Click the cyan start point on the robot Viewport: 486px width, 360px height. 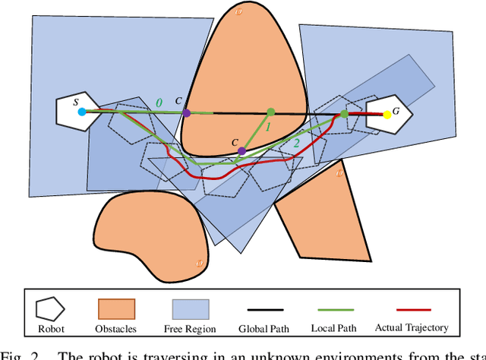coord(81,112)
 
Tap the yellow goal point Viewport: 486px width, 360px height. coord(387,115)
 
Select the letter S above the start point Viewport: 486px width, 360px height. coord(75,101)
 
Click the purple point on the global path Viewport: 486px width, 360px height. coord(187,112)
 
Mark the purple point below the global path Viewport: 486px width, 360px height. coord(241,150)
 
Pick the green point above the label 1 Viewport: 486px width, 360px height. coord(270,112)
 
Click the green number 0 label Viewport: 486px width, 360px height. coord(158,102)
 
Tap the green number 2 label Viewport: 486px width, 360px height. coord(295,142)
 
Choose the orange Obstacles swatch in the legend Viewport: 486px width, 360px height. coord(115,309)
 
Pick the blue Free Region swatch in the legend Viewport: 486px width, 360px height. coord(190,309)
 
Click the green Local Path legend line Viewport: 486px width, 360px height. coord(334,310)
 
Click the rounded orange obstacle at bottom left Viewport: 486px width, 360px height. coord(149,229)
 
